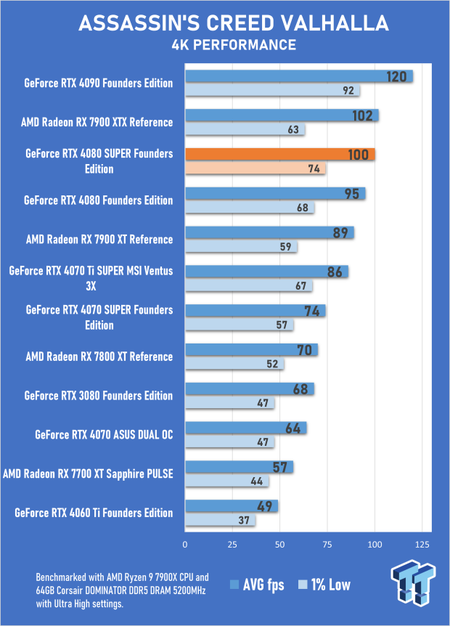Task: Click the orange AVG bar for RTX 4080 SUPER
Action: click(279, 154)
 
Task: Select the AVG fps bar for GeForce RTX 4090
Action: click(298, 76)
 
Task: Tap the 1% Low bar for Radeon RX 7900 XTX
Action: click(245, 130)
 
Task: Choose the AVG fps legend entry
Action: click(258, 585)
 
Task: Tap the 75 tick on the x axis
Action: click(328, 545)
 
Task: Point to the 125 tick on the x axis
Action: click(422, 545)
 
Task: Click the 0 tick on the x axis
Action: click(186, 545)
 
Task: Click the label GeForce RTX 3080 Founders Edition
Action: click(99, 396)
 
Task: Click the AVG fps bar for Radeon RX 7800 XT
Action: click(251, 350)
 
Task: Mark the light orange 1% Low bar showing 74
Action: click(255, 168)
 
